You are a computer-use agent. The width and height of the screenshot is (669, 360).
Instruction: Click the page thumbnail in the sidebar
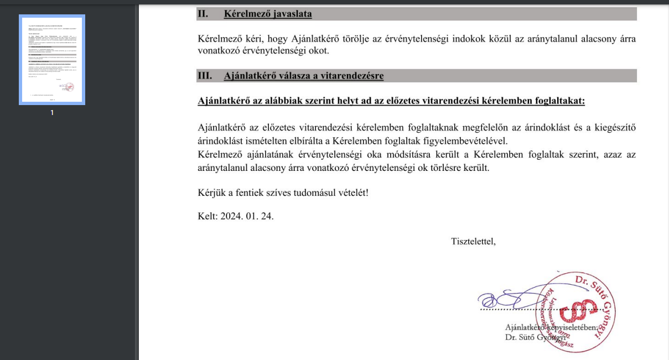pyautogui.click(x=51, y=60)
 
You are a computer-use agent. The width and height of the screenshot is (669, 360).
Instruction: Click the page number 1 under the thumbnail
pyautogui.click(x=51, y=113)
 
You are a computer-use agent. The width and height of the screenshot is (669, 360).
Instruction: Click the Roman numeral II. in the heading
pyautogui.click(x=203, y=14)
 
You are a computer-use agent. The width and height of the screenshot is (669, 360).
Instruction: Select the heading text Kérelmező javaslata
pyautogui.click(x=268, y=14)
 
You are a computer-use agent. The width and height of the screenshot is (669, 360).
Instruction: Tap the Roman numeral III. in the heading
pyautogui.click(x=205, y=76)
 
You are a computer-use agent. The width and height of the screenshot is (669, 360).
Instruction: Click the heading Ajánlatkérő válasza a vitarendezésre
pyautogui.click(x=303, y=76)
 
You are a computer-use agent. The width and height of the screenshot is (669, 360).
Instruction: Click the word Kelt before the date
pyautogui.click(x=207, y=216)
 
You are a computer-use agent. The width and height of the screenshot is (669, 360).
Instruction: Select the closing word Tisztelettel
pyautogui.click(x=473, y=241)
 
